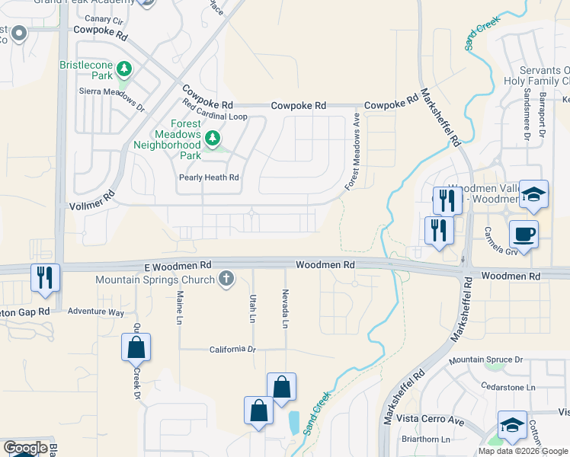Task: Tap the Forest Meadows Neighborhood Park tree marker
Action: pyautogui.click(x=213, y=139)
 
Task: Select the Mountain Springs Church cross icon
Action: pyautogui.click(x=226, y=280)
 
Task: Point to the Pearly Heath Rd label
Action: pyautogui.click(x=209, y=177)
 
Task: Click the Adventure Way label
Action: pyautogui.click(x=95, y=312)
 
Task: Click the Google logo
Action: pyautogui.click(x=25, y=448)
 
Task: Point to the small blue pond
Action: pyautogui.click(x=294, y=420)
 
